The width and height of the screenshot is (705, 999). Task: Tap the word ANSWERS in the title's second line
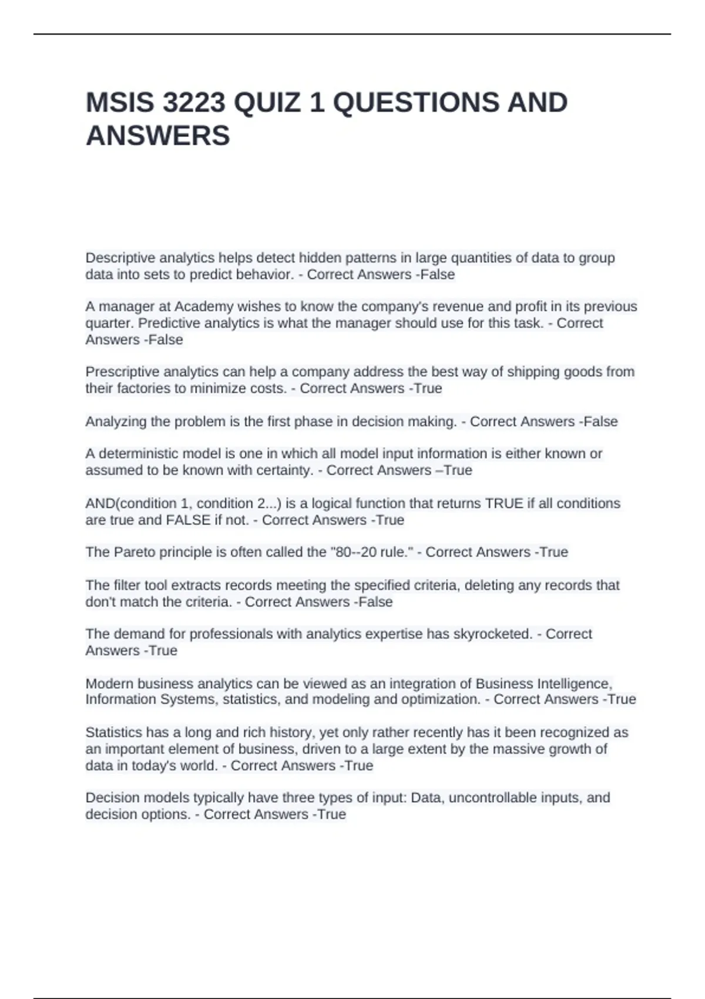pos(157,136)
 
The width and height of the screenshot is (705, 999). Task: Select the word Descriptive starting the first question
pos(120,258)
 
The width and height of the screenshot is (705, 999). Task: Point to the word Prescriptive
pos(122,372)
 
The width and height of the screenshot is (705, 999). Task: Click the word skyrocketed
pos(493,634)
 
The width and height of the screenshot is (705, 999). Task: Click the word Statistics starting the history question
pos(114,733)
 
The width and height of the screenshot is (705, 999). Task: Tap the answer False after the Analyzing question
pos(600,422)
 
